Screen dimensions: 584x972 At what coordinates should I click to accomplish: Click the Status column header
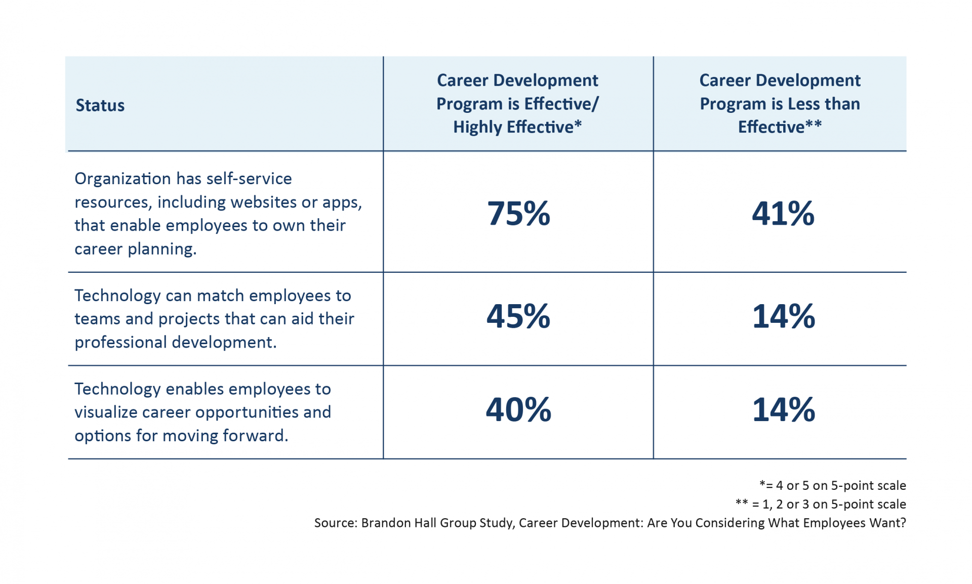pyautogui.click(x=100, y=105)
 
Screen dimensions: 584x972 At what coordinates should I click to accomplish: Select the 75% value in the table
pyautogui.click(x=518, y=213)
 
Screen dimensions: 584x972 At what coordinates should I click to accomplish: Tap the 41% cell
pyautogui.click(x=783, y=213)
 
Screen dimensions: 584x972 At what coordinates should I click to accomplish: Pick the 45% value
pyautogui.click(x=518, y=316)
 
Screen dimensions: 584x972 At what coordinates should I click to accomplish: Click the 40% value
pyautogui.click(x=518, y=409)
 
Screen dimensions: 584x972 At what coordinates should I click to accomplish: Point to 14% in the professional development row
pyautogui.click(x=783, y=316)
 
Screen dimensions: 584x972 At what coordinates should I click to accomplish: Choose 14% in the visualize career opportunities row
pyautogui.click(x=783, y=409)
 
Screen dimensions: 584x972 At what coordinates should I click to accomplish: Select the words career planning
pyautogui.click(x=135, y=249)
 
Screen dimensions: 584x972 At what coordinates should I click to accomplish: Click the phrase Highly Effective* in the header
pyautogui.click(x=517, y=127)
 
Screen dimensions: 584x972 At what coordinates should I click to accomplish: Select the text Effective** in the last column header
pyautogui.click(x=780, y=127)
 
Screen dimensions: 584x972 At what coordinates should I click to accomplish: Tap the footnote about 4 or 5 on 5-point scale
pyautogui.click(x=833, y=485)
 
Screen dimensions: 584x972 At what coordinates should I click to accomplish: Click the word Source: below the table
pyautogui.click(x=335, y=523)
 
